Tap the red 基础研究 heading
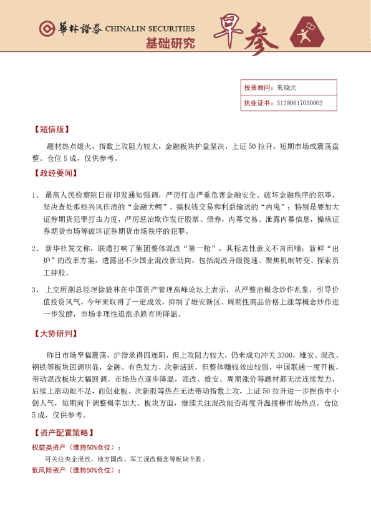tap(170, 44)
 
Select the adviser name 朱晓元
tap(287, 88)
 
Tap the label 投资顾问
tap(256, 88)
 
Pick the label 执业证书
tap(256, 103)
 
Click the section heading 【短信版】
tap(51, 130)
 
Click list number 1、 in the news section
tap(36, 196)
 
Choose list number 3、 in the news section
tap(36, 290)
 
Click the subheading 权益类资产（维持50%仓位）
tap(76, 448)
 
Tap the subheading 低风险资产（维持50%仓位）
tap(76, 470)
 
